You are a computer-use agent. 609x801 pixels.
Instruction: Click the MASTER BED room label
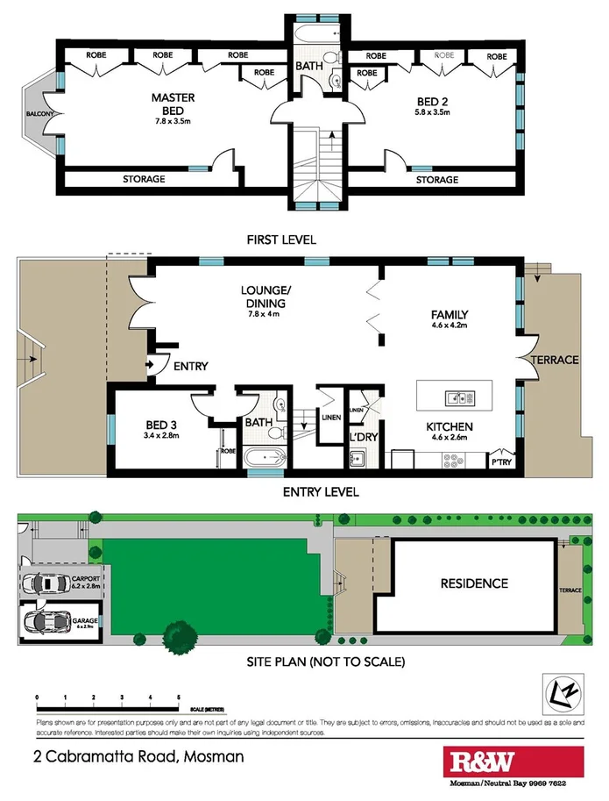[x=172, y=97]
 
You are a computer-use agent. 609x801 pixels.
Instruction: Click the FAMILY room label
[x=449, y=315]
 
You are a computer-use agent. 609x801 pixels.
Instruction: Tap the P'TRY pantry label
[x=502, y=461]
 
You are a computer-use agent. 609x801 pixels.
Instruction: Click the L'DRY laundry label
[x=362, y=436]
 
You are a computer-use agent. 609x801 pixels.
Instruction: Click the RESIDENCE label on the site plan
[x=473, y=583]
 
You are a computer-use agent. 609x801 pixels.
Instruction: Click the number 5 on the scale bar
[x=179, y=697]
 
